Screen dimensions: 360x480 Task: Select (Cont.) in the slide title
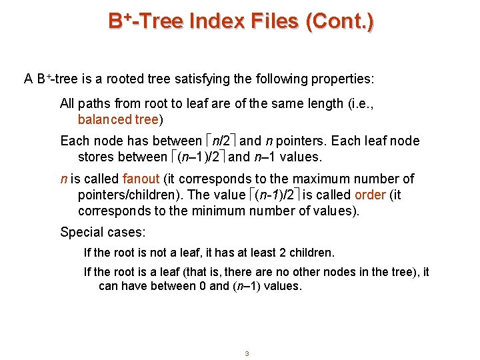tap(339, 21)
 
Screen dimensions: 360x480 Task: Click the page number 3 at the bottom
tap(247, 353)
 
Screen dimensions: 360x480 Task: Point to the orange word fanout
tap(141, 179)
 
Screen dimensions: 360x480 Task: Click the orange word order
tap(369, 195)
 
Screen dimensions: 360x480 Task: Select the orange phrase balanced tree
tap(118, 120)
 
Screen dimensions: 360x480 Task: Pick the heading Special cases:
tap(103, 233)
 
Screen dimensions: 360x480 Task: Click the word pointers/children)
tap(131, 195)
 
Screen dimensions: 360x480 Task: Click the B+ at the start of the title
tap(119, 21)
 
